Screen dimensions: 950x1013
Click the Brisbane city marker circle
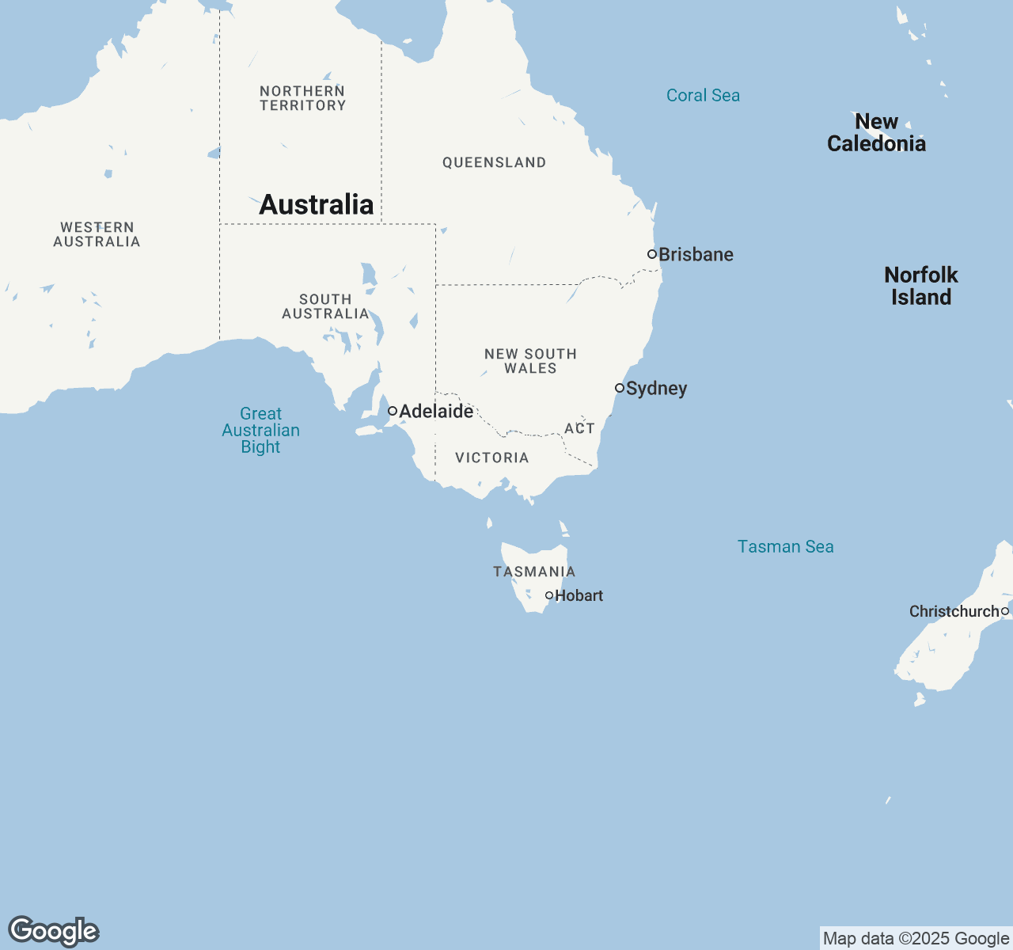point(652,254)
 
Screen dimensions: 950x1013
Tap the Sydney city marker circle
point(620,388)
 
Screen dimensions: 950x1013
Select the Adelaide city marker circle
point(393,411)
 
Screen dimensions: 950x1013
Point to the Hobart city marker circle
point(549,595)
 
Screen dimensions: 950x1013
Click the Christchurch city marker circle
point(1005,611)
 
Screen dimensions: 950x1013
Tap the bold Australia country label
point(317,204)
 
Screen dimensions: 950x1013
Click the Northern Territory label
point(303,98)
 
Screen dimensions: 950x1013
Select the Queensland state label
point(494,162)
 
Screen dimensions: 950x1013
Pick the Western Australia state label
point(97,234)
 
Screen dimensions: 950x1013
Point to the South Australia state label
point(325,306)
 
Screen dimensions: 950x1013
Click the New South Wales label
point(530,361)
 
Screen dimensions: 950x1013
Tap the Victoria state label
point(491,458)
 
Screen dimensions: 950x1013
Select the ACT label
point(579,428)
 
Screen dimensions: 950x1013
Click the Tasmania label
point(534,572)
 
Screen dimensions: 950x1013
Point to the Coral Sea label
point(703,96)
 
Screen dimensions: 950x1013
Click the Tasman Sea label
point(785,546)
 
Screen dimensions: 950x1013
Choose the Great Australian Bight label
point(260,430)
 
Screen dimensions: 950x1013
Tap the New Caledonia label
point(876,132)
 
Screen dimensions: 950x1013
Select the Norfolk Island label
point(921,286)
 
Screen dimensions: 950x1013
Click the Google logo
point(53,931)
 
